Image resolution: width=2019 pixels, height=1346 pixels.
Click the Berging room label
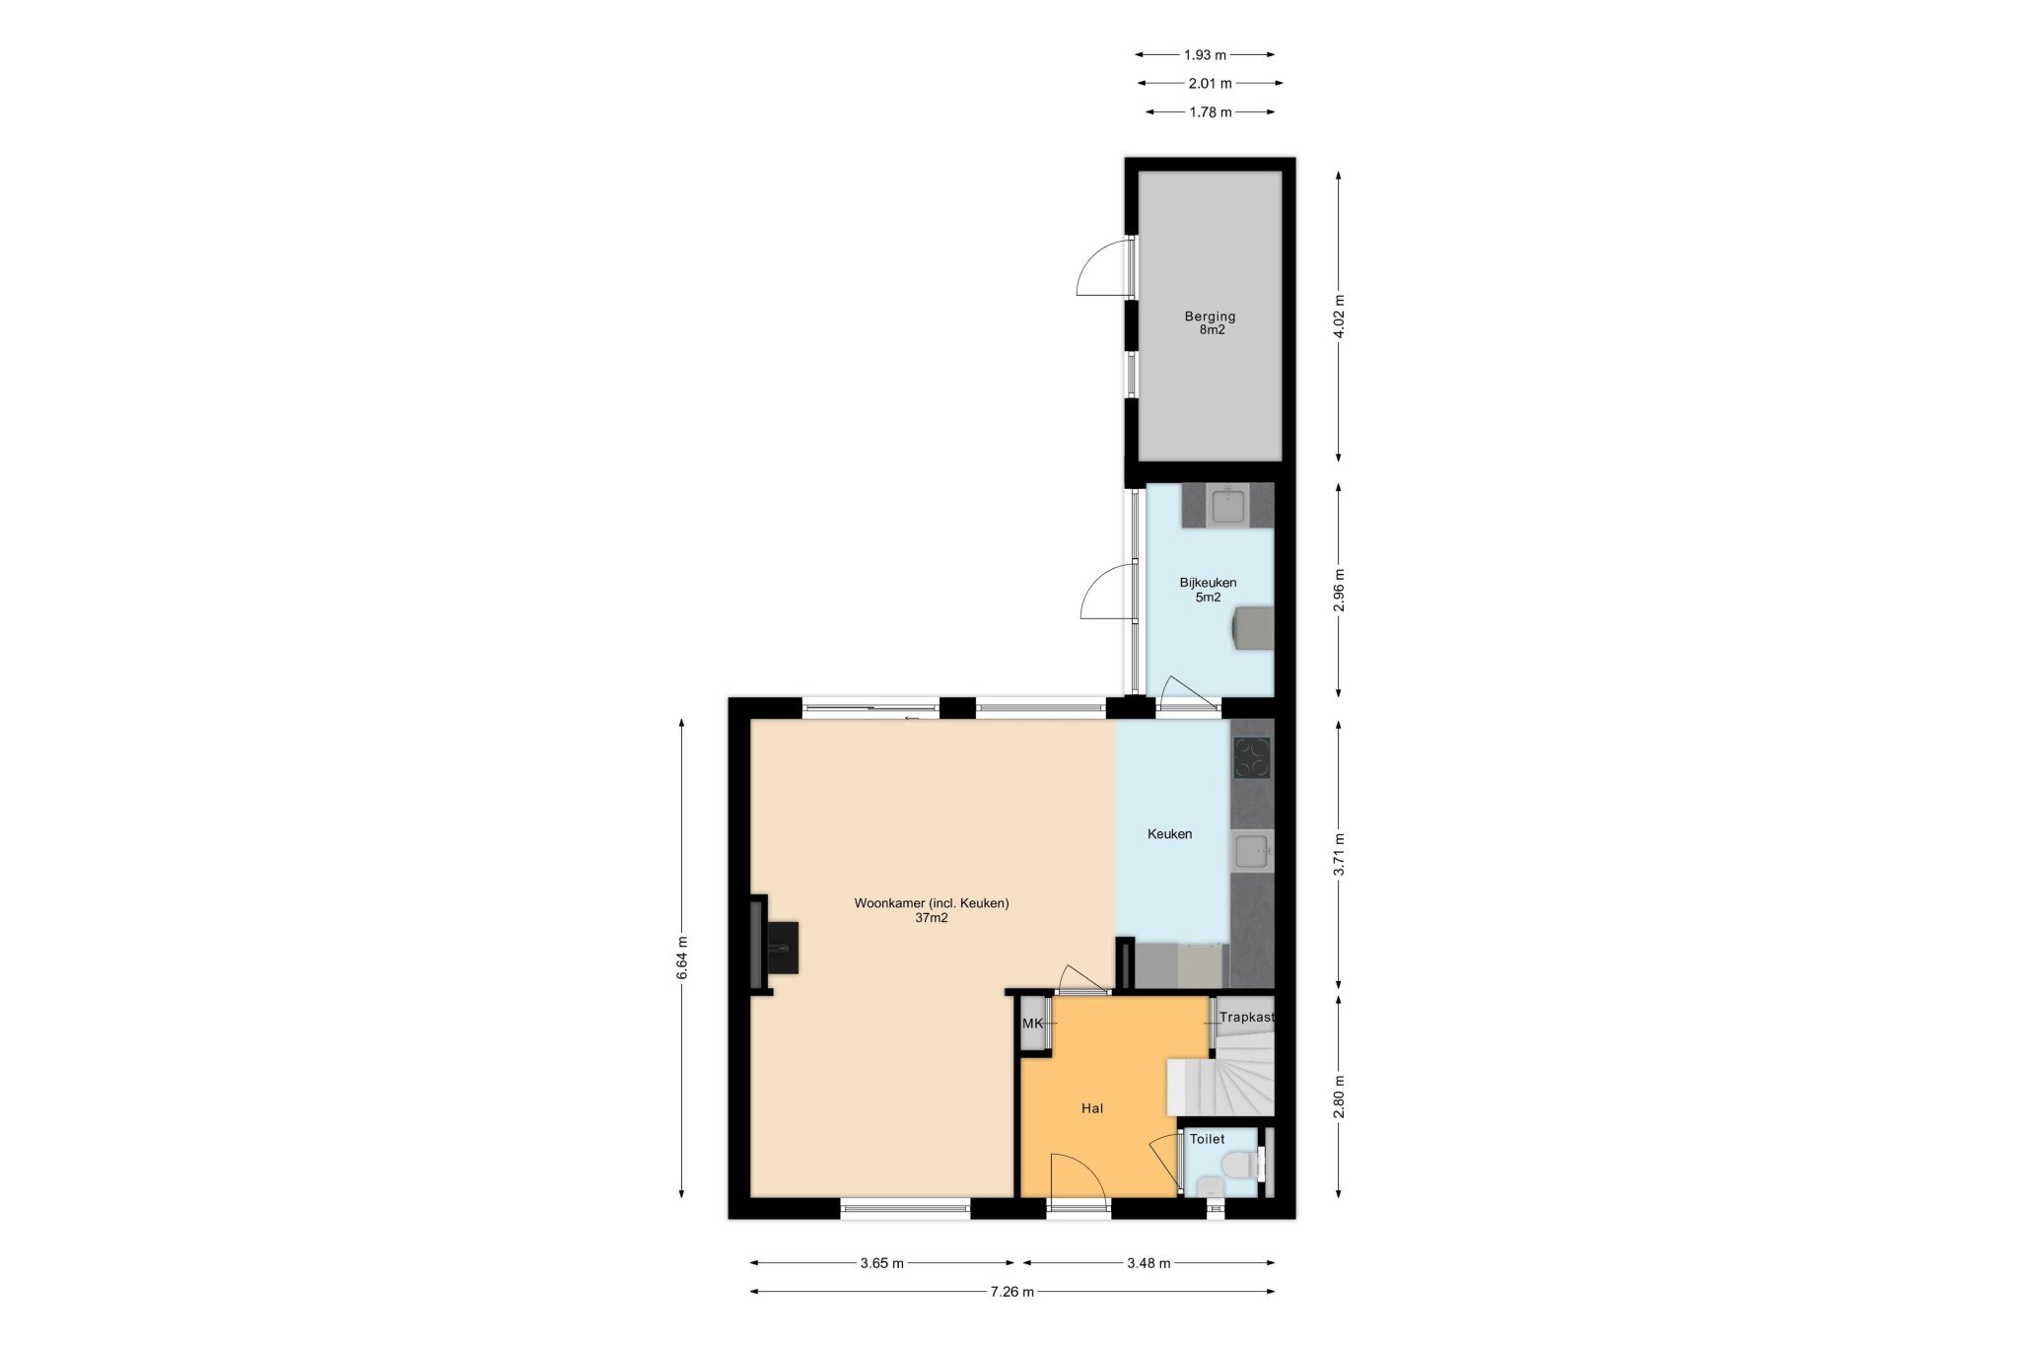pos(1210,317)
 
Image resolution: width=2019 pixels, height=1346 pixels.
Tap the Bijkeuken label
pos(1208,583)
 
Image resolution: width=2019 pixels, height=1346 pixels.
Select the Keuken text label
pos(1170,834)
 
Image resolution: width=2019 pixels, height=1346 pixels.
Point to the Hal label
pos(1092,1108)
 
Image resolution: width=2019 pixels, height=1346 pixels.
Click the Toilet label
pos(1207,1139)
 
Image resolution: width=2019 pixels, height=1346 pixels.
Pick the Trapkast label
pos(1247,1017)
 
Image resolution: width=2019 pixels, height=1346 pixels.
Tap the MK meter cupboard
pos(1033,1024)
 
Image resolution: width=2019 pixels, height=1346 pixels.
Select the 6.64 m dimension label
pos(682,957)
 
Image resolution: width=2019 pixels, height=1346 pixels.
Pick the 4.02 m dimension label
pos(1338,317)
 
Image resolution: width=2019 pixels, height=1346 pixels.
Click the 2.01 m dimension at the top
pos(1210,84)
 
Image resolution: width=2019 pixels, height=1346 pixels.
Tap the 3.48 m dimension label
pos(1149,1263)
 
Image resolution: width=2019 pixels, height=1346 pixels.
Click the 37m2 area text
pos(932,918)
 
